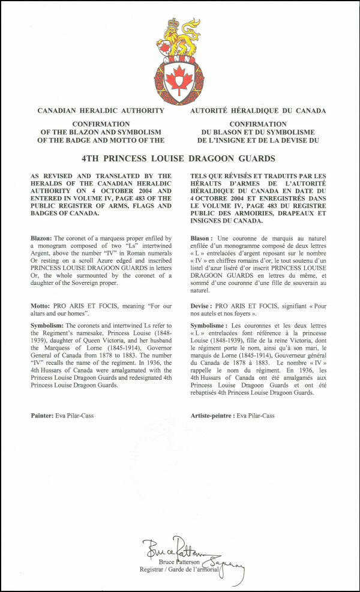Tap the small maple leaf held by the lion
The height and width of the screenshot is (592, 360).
[x=164, y=47]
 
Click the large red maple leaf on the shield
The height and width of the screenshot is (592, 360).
[x=178, y=79]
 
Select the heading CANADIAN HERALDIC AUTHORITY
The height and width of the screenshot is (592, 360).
[x=101, y=111]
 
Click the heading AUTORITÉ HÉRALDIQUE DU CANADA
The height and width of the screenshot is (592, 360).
[x=258, y=111]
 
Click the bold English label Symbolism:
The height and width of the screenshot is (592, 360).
[x=50, y=324]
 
